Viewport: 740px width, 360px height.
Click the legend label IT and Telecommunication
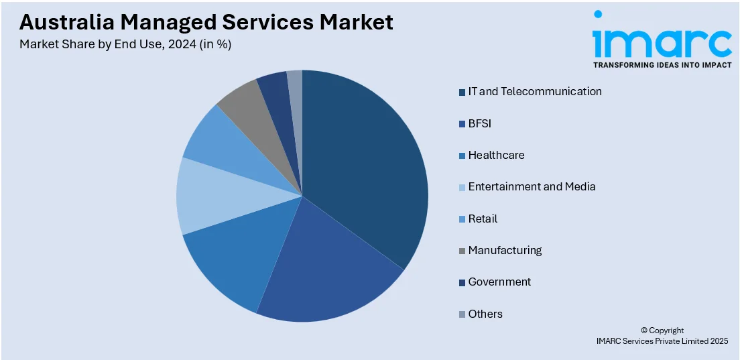pos(535,91)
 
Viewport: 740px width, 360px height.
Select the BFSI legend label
pos(480,123)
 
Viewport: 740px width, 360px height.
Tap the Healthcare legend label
pos(496,155)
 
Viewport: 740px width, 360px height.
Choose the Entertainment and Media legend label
pos(532,186)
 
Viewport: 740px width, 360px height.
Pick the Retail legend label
pos(483,219)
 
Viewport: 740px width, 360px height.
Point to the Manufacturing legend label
pos(505,250)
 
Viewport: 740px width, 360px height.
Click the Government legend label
pos(499,282)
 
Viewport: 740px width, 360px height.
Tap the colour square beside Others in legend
pos(462,314)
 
